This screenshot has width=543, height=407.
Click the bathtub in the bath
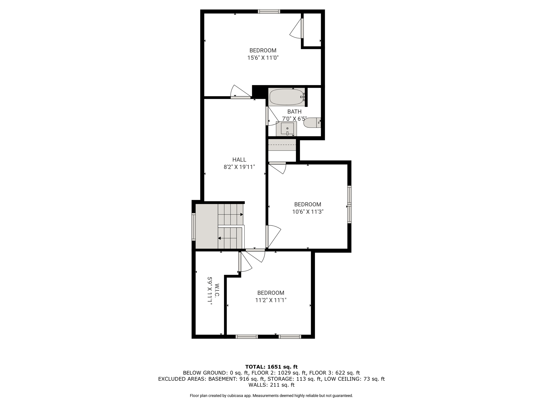287,97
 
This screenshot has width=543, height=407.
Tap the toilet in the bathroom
312,123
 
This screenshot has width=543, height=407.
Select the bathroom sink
286,129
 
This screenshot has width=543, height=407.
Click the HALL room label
239,160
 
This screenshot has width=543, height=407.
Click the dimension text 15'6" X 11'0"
263,58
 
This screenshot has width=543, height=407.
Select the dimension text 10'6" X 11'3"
308,212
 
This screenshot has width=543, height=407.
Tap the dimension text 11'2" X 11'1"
271,300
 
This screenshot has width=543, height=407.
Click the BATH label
294,112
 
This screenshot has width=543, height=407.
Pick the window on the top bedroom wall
269,11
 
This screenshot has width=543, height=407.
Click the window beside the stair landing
194,227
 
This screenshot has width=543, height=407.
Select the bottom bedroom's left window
247,337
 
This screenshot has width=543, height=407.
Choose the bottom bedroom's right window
290,337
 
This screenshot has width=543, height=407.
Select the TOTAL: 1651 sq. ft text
271,367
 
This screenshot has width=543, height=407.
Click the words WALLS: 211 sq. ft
271,385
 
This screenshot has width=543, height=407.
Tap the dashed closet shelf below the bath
282,145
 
